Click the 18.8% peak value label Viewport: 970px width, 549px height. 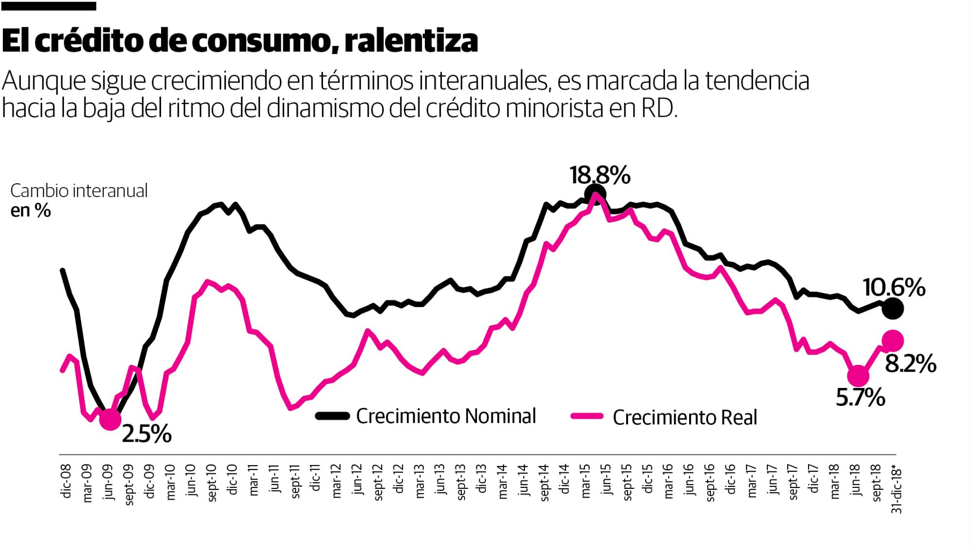[x=600, y=175]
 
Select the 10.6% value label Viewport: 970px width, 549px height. [x=894, y=288]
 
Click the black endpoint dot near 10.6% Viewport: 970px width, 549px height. [x=893, y=308]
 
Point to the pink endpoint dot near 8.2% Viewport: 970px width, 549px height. [x=893, y=341]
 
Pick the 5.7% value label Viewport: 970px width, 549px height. [x=860, y=398]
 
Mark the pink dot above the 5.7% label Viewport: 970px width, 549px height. [x=857, y=375]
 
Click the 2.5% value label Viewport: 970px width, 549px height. [x=146, y=435]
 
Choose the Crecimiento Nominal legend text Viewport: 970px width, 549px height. [x=446, y=416]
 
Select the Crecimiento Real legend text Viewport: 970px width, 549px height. [x=684, y=418]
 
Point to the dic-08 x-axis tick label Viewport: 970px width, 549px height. [x=66, y=481]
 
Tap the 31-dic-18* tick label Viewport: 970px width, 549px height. [x=896, y=490]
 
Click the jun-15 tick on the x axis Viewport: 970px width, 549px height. [x=606, y=481]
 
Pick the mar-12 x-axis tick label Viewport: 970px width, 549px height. [x=336, y=482]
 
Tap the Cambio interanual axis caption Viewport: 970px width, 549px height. [x=79, y=191]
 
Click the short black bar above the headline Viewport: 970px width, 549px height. [x=48, y=6]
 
